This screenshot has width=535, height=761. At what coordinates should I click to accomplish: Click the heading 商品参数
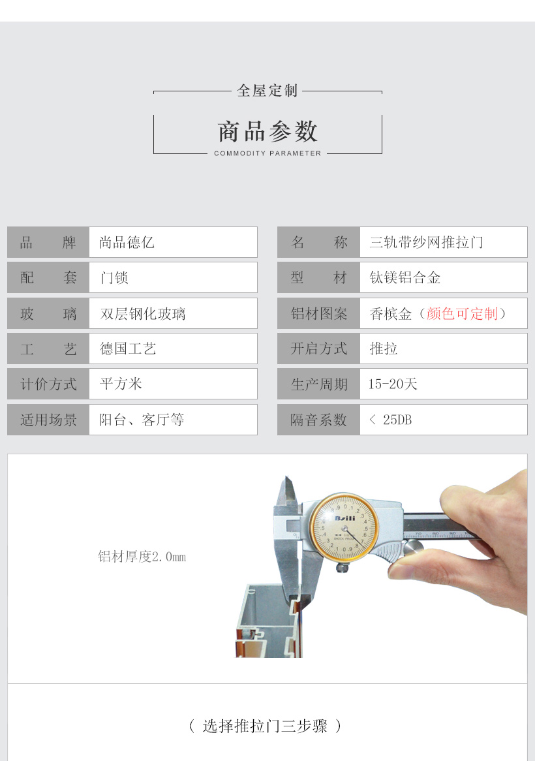[x=267, y=132]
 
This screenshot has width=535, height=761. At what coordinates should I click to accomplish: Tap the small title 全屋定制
[x=267, y=90]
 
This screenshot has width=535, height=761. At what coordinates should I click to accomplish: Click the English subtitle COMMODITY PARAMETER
[x=267, y=153]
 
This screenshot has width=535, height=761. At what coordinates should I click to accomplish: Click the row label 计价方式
[x=48, y=384]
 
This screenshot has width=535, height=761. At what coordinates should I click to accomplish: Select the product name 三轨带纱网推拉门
[x=426, y=242]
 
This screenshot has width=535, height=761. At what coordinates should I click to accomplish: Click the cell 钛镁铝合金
[x=405, y=277]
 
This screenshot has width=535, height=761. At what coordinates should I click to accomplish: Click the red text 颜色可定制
[x=462, y=313]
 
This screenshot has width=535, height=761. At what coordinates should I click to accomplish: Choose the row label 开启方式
[x=318, y=349]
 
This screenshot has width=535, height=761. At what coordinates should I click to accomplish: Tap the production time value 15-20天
[x=393, y=384]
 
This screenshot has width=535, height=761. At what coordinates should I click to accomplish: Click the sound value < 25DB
[x=390, y=419]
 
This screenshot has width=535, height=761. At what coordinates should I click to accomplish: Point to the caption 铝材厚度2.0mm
[x=142, y=556]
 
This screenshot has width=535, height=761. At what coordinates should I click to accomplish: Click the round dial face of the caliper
[x=344, y=527]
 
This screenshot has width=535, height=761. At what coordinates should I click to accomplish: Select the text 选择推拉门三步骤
[x=265, y=726]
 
